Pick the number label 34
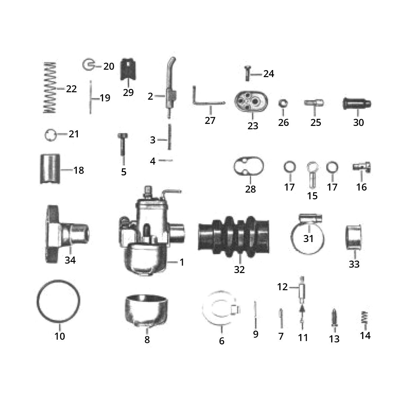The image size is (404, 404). (x=70, y=260)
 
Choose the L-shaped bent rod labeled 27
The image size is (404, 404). (x=205, y=101)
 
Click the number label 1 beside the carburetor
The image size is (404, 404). (x=182, y=262)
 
